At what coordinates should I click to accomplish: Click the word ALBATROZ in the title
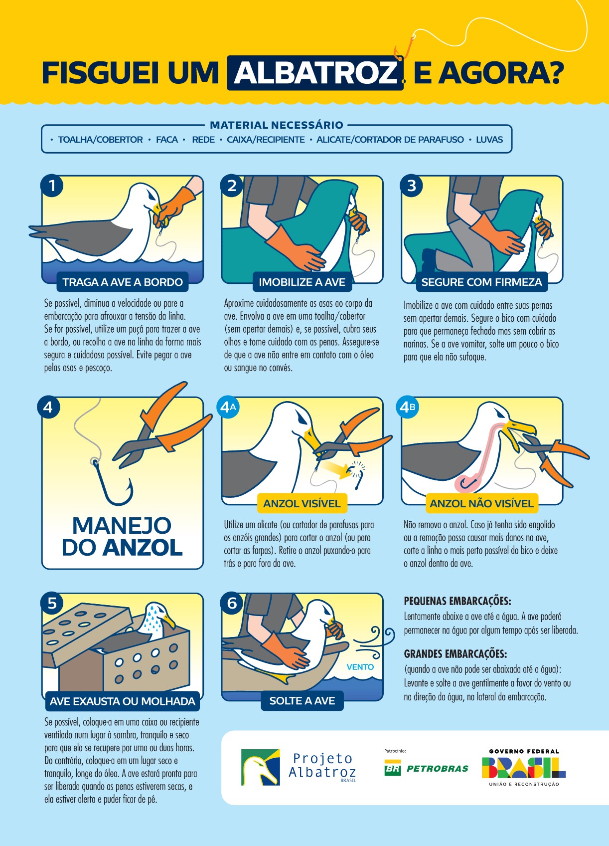315,72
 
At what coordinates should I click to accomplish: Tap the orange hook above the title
404,47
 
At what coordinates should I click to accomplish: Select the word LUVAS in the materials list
489,140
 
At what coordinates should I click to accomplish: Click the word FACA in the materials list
167,140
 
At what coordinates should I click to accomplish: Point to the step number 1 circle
52,186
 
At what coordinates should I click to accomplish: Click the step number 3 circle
412,186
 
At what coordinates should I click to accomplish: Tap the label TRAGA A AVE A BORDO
123,282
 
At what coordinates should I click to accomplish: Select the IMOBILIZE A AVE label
302,282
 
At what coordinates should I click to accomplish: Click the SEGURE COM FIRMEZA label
482,282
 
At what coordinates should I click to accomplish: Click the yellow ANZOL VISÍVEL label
302,503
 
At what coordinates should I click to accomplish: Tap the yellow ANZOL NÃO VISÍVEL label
481,503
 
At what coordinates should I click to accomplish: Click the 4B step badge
408,407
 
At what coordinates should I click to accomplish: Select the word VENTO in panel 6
360,667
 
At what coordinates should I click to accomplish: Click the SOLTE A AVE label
302,700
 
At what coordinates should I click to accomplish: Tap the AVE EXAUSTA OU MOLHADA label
122,701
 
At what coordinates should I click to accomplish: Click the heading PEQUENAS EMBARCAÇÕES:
457,601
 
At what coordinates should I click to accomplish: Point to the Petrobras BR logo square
392,768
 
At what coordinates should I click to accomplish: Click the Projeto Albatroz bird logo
260,767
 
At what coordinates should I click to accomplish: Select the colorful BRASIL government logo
524,768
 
